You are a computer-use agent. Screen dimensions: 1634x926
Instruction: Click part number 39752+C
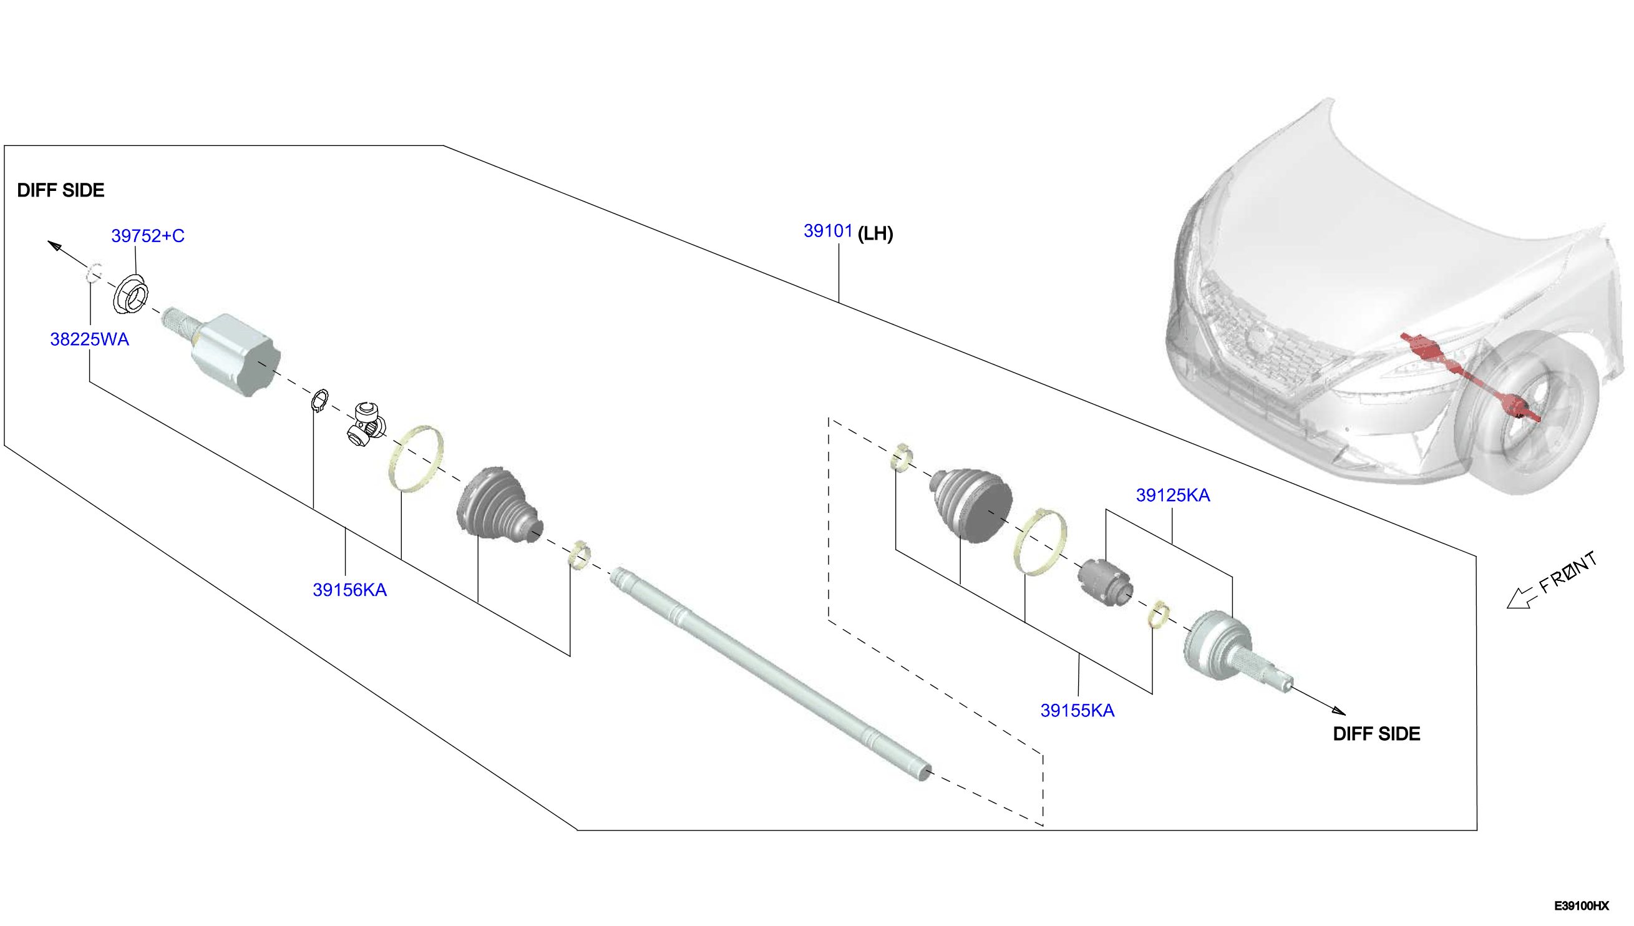[147, 236]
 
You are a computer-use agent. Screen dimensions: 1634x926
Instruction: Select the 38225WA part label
[90, 339]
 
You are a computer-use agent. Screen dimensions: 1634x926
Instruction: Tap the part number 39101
[828, 231]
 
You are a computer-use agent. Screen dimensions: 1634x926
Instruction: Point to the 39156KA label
[349, 590]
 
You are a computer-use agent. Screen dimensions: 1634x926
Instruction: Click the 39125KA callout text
[1173, 495]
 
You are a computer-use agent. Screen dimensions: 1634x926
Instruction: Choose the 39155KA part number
[1077, 711]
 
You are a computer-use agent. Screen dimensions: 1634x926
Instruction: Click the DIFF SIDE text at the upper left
[61, 190]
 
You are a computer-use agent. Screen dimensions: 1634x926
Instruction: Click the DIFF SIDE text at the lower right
[1376, 734]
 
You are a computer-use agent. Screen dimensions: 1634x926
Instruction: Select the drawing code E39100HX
[1581, 905]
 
